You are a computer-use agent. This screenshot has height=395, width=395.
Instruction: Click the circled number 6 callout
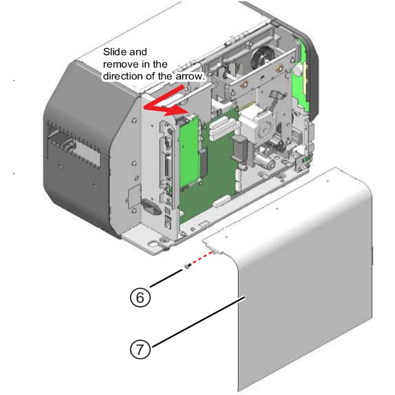pos(140,297)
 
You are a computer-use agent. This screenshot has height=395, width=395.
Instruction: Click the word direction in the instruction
pos(122,77)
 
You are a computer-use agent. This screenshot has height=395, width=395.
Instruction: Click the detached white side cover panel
pos(306,276)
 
